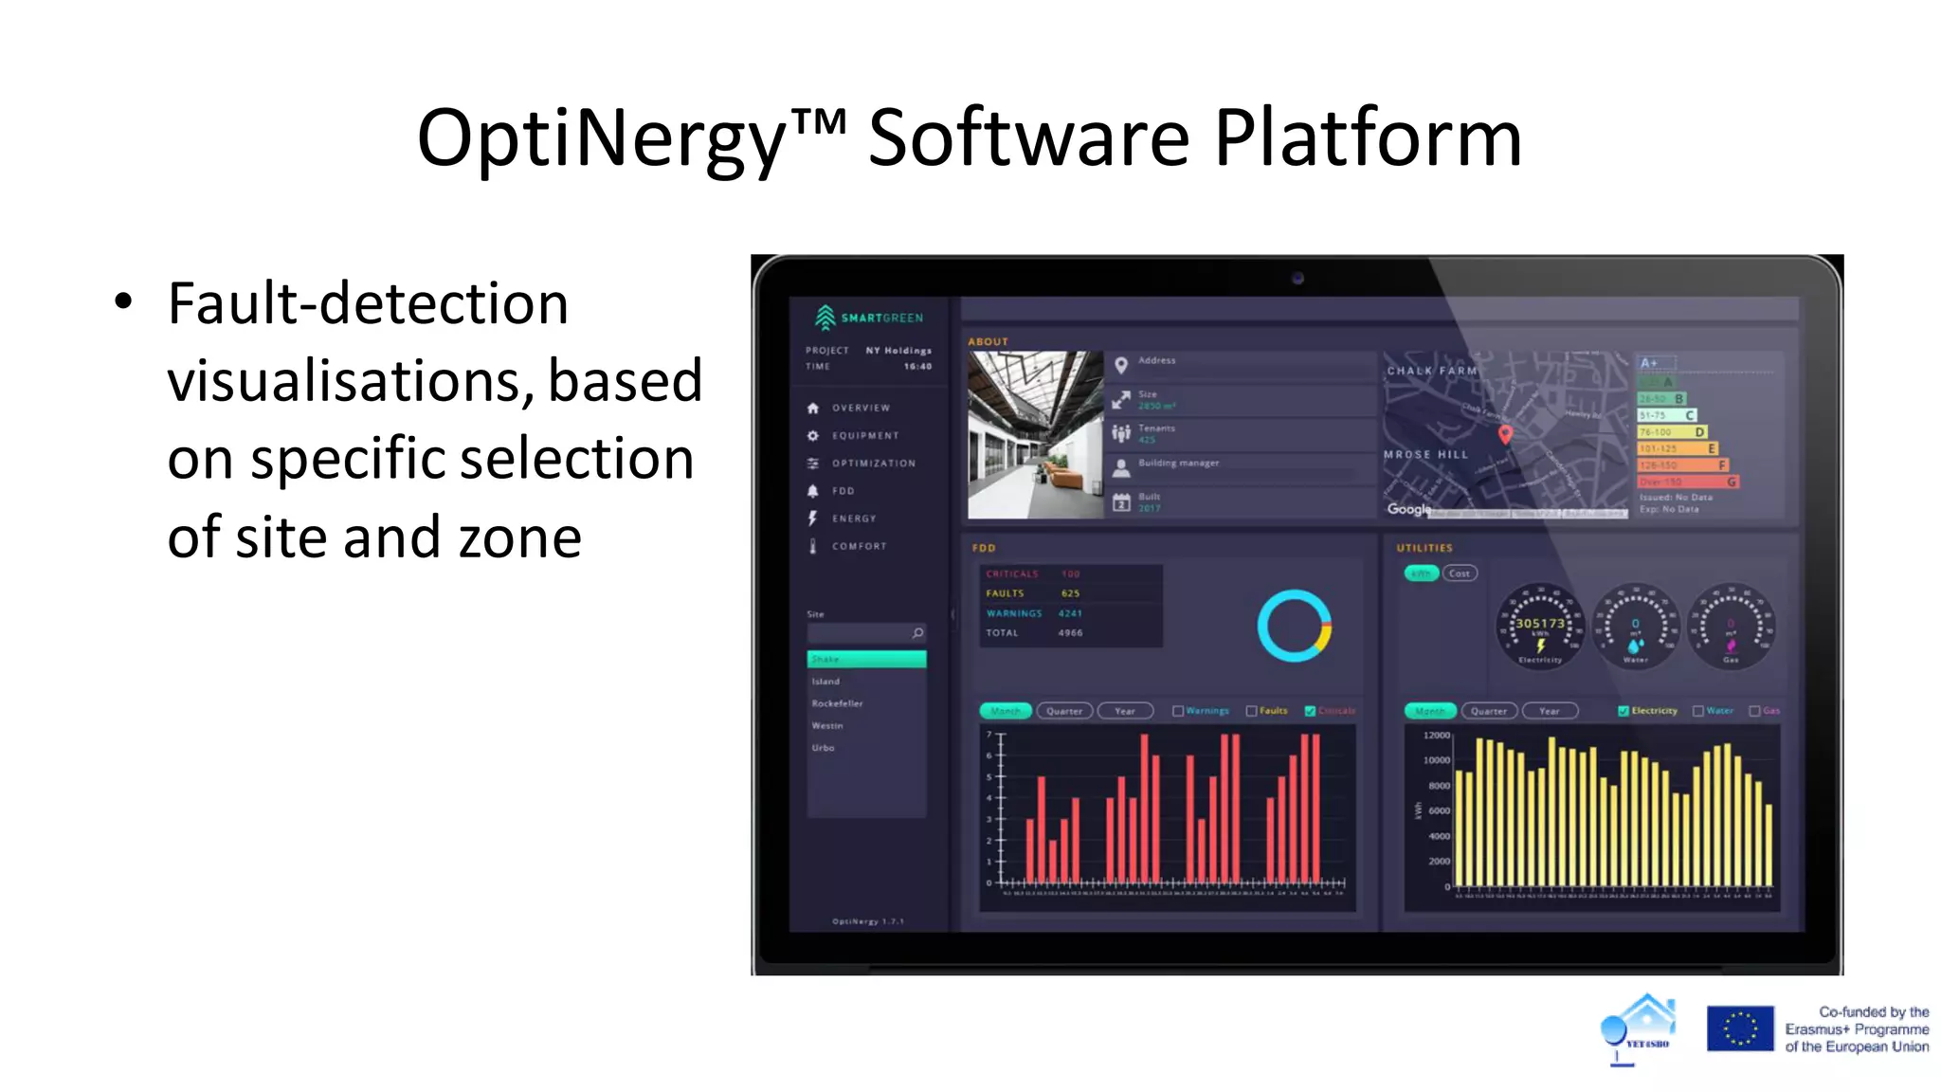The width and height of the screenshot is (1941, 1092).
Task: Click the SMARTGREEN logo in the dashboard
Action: point(868,317)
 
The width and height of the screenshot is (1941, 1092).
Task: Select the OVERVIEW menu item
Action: point(860,408)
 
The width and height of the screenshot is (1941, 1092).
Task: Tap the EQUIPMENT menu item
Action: point(864,436)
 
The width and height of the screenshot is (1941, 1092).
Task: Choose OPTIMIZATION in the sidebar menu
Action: point(873,464)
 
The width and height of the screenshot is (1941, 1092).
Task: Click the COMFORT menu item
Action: point(859,546)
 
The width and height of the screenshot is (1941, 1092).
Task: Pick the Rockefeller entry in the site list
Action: point(837,703)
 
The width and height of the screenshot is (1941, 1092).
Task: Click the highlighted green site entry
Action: point(866,659)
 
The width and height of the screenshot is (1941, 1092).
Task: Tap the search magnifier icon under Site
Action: point(917,632)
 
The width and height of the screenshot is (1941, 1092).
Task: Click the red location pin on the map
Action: point(1505,434)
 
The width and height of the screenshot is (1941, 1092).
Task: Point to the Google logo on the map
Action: point(1409,509)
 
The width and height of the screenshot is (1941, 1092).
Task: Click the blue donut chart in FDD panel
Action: point(1294,626)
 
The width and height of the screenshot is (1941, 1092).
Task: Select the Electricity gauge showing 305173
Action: point(1540,627)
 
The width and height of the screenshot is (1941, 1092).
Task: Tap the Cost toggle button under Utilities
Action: point(1460,573)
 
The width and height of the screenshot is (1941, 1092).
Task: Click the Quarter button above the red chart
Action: point(1064,711)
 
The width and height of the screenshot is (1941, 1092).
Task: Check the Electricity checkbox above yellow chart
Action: point(1624,711)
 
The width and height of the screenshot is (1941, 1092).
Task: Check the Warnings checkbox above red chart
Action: point(1178,711)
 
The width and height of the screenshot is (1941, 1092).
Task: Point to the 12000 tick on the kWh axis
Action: point(1437,736)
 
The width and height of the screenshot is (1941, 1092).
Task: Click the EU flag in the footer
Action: point(1740,1028)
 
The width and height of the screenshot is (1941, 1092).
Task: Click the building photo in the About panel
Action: point(1035,435)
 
